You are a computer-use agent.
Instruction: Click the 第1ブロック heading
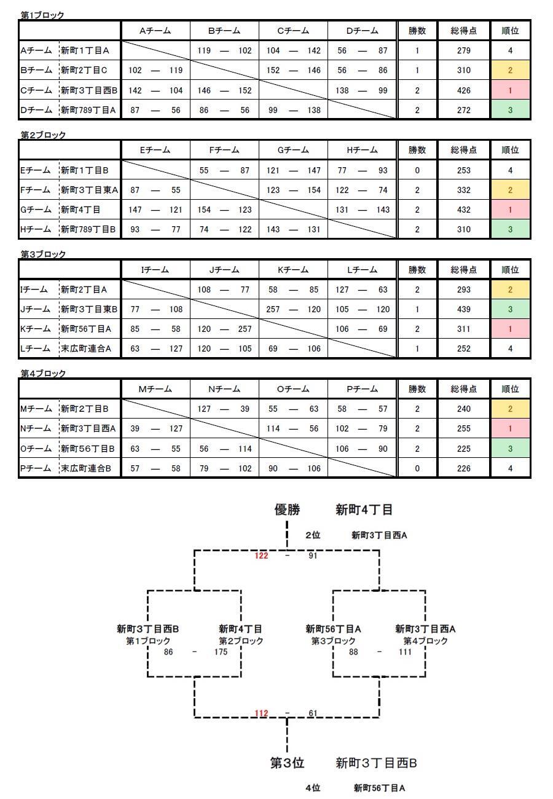tap(42, 15)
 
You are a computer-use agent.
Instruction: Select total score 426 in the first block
tap(463, 90)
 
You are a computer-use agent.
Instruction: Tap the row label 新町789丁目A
tap(88, 110)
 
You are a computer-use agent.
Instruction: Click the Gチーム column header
tap(293, 150)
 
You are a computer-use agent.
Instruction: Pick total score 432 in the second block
tap(463, 210)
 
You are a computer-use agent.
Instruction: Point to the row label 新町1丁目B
tap(85, 170)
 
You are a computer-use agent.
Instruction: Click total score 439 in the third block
tap(463, 309)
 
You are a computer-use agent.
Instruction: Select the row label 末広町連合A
tap(86, 348)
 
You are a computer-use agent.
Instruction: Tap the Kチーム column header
tap(293, 270)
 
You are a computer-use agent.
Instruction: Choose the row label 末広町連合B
tap(86, 468)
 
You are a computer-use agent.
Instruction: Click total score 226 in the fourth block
tap(463, 468)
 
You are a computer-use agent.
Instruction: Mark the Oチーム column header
tap(293, 389)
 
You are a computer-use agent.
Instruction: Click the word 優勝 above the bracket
tap(288, 510)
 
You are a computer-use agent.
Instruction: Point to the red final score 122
tap(261, 556)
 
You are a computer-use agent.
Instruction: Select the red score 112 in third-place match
tap(261, 713)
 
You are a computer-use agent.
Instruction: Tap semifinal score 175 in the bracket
tap(221, 651)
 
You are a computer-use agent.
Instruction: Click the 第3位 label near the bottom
tap(287, 763)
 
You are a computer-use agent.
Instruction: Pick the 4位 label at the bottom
tap(313, 788)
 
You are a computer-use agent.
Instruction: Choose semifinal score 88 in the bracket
tap(353, 651)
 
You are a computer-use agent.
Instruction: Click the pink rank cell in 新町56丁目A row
tap(510, 329)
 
